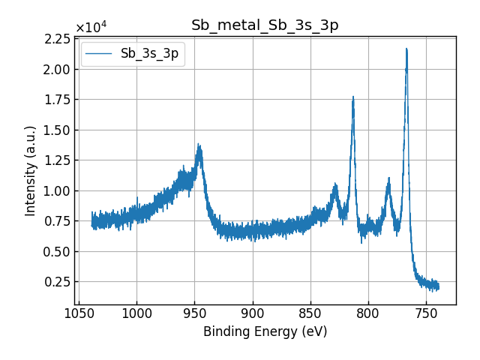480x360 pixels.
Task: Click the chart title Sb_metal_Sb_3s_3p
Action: (x=265, y=25)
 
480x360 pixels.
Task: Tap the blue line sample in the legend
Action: (x=97, y=54)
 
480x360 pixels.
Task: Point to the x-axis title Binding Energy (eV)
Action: (x=265, y=331)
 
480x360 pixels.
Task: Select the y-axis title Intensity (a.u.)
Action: (x=31, y=170)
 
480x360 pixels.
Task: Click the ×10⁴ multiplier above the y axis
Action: (x=91, y=28)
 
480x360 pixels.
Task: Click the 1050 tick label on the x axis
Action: (x=79, y=313)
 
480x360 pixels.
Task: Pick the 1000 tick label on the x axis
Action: (x=136, y=313)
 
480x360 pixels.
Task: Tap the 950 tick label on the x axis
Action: (x=194, y=313)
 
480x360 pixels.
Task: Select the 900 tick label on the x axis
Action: (x=253, y=313)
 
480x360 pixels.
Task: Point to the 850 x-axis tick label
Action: (x=310, y=313)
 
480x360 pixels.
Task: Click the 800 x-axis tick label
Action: (x=368, y=313)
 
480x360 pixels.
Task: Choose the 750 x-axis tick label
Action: (x=426, y=313)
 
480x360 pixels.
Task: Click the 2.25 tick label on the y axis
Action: (x=58, y=39)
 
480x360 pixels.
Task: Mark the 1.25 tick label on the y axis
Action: (x=58, y=160)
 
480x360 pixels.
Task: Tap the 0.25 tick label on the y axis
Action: (x=58, y=282)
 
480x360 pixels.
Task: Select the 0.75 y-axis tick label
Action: (x=58, y=221)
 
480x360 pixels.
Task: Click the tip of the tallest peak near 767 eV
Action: (x=406, y=49)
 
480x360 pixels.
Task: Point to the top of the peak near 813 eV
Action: (x=352, y=97)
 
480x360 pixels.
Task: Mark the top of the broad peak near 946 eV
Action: (x=199, y=145)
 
